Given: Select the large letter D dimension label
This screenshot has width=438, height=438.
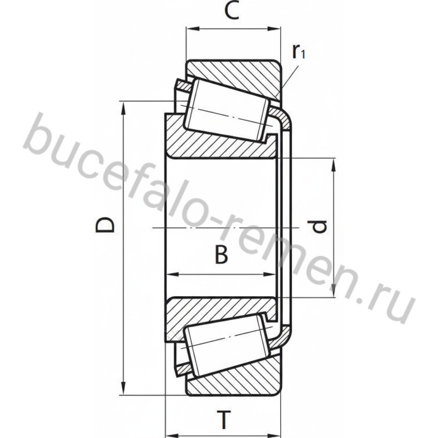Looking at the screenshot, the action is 105,226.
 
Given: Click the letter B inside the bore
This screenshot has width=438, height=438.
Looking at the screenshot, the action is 222,255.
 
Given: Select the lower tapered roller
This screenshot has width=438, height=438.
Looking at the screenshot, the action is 227,345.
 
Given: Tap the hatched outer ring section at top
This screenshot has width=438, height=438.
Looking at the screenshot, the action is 238,76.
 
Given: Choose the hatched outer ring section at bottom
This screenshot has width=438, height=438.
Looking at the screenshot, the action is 238,381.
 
